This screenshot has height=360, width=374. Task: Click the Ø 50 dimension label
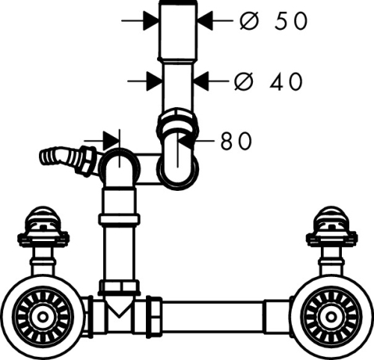(x=274, y=21)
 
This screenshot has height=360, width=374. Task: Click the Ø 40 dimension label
(x=269, y=82)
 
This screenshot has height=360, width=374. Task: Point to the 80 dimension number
(x=236, y=141)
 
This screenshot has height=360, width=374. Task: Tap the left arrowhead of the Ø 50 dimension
(x=151, y=20)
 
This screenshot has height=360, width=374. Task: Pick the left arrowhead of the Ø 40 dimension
(x=155, y=81)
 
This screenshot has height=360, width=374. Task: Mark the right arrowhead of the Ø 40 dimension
(x=201, y=81)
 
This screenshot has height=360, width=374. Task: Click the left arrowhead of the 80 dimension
(x=111, y=141)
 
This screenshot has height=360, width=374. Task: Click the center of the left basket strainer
(x=43, y=317)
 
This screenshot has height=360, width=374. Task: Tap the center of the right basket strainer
(x=331, y=317)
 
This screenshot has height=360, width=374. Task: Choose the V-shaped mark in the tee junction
(x=119, y=309)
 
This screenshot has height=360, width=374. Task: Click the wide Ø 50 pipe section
(x=178, y=32)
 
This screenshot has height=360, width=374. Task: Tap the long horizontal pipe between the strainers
(x=213, y=317)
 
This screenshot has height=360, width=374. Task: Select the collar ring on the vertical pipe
(x=119, y=219)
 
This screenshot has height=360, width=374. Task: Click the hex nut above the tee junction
(x=119, y=287)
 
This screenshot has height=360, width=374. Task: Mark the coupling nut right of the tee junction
(x=154, y=317)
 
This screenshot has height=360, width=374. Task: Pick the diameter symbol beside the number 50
(x=248, y=21)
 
